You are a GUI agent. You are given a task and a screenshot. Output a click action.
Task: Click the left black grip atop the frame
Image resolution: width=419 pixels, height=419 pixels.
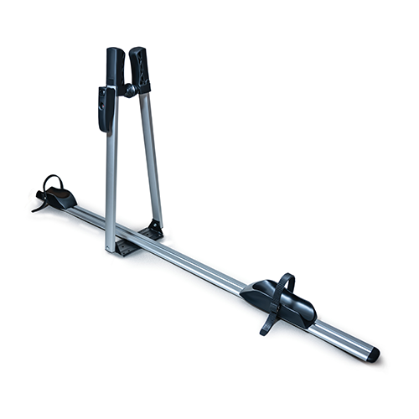(115, 65)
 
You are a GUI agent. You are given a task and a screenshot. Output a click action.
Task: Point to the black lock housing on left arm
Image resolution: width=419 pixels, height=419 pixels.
(105, 109)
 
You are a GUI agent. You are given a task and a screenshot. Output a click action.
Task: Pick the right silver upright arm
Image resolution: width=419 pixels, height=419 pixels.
(151, 155)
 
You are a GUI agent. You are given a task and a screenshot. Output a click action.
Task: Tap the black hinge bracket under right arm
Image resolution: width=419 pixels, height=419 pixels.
(153, 229)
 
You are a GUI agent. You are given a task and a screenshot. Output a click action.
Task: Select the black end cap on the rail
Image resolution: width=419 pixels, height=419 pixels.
(373, 354)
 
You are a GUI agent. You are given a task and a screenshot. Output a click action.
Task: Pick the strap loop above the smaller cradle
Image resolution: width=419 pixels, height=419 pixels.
(52, 182)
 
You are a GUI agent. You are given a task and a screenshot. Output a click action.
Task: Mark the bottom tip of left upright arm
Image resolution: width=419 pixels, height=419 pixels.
(110, 249)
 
